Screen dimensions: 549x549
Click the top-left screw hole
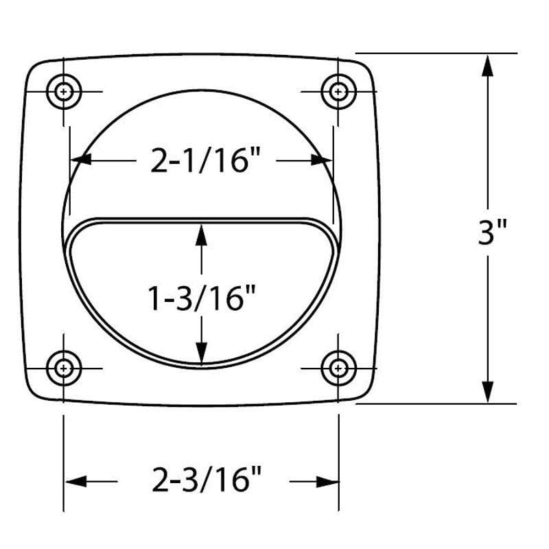click(64, 91)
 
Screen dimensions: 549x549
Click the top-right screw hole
click(338, 91)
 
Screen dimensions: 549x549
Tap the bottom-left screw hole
click(64, 368)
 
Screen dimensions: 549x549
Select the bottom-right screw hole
click(338, 368)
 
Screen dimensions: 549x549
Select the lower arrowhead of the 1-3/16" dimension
click(201, 353)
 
